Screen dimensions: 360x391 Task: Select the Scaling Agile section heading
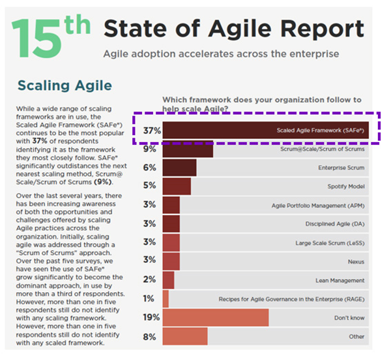65,85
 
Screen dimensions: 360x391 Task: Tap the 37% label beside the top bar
151,130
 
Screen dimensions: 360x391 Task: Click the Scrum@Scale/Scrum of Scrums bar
188,149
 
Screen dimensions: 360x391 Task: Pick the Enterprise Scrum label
341,168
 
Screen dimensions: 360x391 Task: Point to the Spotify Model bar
177,187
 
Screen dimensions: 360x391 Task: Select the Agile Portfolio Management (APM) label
317,205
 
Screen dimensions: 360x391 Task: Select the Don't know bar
216,318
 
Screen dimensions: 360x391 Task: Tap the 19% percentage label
151,318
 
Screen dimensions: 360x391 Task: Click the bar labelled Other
185,337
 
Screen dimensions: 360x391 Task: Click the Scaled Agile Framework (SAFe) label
319,130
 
